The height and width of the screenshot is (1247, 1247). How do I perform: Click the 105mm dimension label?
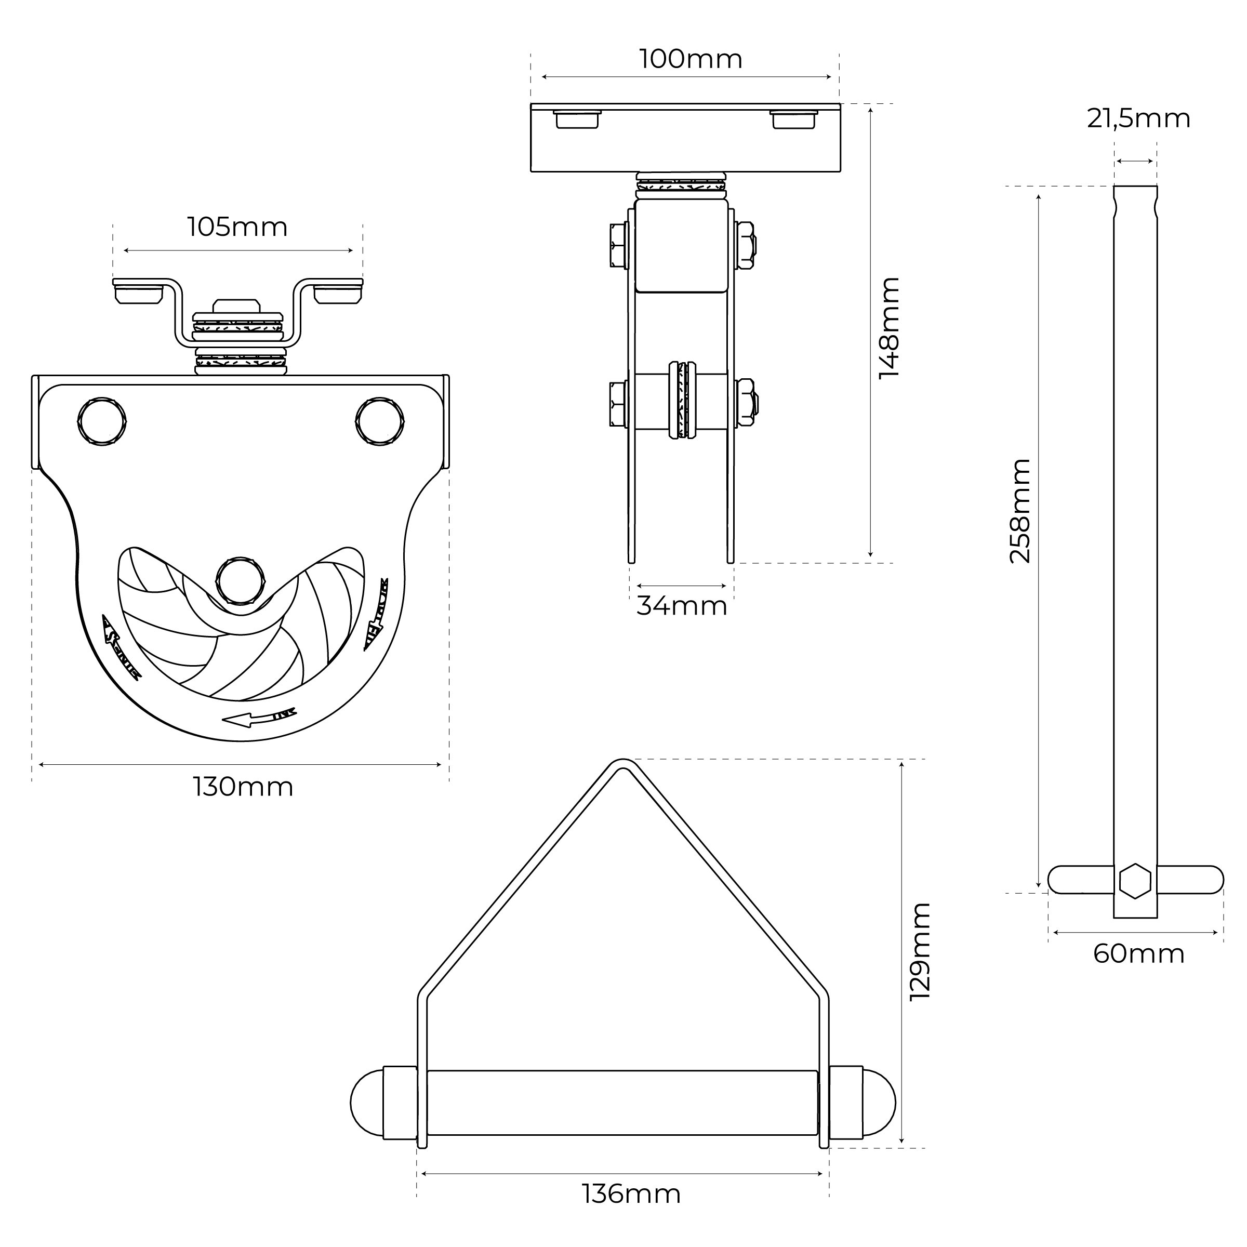click(237, 227)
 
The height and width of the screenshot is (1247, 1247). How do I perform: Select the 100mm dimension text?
click(691, 59)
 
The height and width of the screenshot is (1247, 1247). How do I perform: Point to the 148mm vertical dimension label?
click(890, 328)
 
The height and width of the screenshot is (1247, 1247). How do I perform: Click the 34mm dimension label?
click(682, 606)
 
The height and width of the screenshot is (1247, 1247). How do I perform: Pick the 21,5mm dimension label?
click(1138, 119)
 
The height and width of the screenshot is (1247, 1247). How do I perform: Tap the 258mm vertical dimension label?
click(1020, 511)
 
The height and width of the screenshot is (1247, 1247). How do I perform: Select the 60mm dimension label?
click(1138, 954)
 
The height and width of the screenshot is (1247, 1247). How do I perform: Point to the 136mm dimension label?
click(631, 1194)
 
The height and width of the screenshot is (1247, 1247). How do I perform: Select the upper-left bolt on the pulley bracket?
click(102, 421)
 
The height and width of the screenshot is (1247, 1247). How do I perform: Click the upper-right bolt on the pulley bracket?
click(380, 421)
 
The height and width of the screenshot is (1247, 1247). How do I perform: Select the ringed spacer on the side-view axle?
click(682, 400)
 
